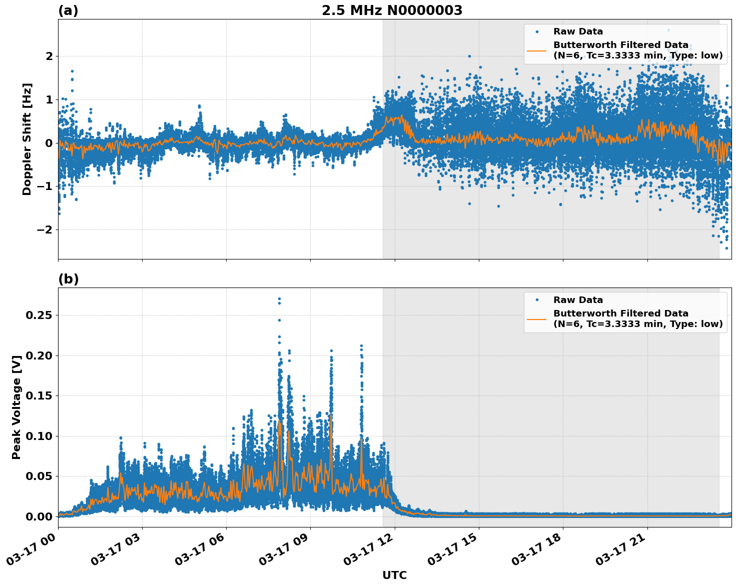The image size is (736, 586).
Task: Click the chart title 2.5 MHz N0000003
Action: pyautogui.click(x=392, y=10)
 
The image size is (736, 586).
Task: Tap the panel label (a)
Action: pyautogui.click(x=68, y=10)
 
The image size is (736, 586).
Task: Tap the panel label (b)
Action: pyautogui.click(x=68, y=279)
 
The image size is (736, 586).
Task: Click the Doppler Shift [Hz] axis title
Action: pyautogui.click(x=27, y=139)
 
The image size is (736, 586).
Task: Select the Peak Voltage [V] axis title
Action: pyautogui.click(x=17, y=407)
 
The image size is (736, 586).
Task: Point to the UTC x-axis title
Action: pyautogui.click(x=394, y=575)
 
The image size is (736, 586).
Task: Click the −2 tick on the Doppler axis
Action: pyautogui.click(x=46, y=230)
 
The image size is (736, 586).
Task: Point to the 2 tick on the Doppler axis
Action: pyautogui.click(x=49, y=56)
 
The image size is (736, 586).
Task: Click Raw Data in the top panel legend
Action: pyautogui.click(x=578, y=31)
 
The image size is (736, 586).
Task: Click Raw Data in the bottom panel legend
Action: pyautogui.click(x=578, y=300)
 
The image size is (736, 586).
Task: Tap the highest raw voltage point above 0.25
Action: pyautogui.click(x=279, y=299)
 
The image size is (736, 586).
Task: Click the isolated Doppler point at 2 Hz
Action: pyautogui.click(x=469, y=56)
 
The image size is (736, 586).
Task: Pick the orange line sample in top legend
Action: pyautogui.click(x=537, y=50)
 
